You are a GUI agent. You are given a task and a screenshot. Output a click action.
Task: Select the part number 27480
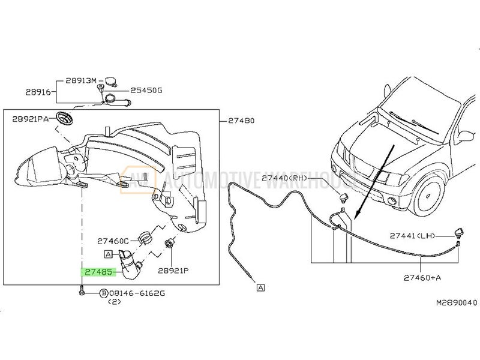tap(241, 120)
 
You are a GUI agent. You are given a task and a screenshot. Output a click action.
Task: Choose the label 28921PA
tap(31, 119)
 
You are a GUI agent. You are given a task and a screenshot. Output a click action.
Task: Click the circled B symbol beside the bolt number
tap(103, 293)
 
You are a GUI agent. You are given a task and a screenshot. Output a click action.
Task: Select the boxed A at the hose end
tap(260, 288)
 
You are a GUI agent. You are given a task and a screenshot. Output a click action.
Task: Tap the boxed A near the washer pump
tap(109, 253)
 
